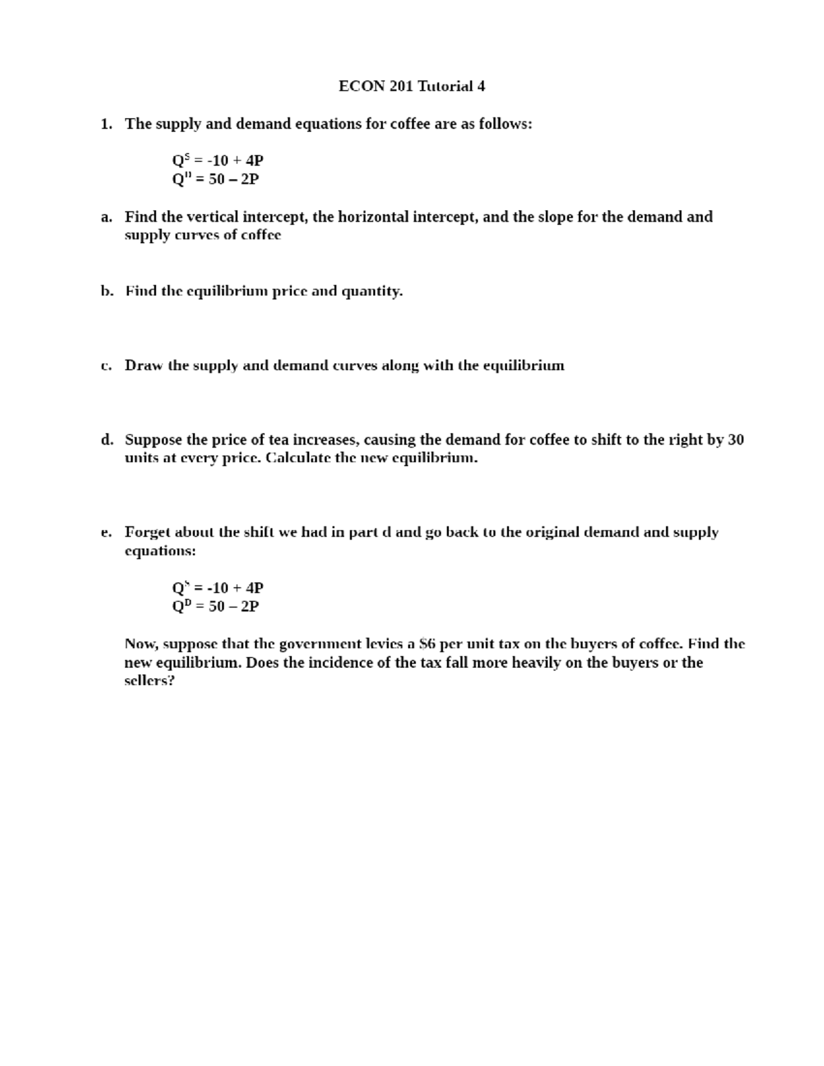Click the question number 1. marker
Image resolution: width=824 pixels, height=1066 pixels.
pyautogui.click(x=106, y=124)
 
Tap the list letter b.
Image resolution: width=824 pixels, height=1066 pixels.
pyautogui.click(x=106, y=291)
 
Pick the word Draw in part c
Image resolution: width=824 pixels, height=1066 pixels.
pyautogui.click(x=143, y=365)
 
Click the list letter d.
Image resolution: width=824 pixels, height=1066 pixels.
pyautogui.click(x=106, y=439)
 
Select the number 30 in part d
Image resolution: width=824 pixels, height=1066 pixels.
pyautogui.click(x=735, y=439)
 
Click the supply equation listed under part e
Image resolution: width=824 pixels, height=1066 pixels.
pyautogui.click(x=218, y=588)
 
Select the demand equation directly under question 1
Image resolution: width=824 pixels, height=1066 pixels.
pyautogui.click(x=216, y=179)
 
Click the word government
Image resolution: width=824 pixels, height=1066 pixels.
pyautogui.click(x=318, y=644)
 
